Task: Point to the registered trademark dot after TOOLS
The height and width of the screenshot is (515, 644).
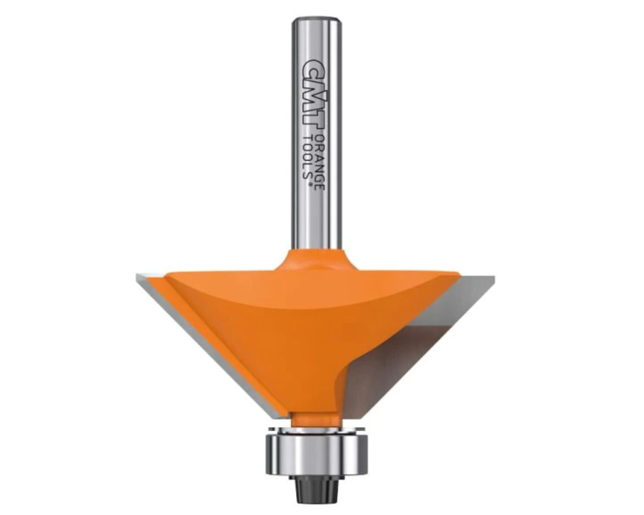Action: coord(310,182)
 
